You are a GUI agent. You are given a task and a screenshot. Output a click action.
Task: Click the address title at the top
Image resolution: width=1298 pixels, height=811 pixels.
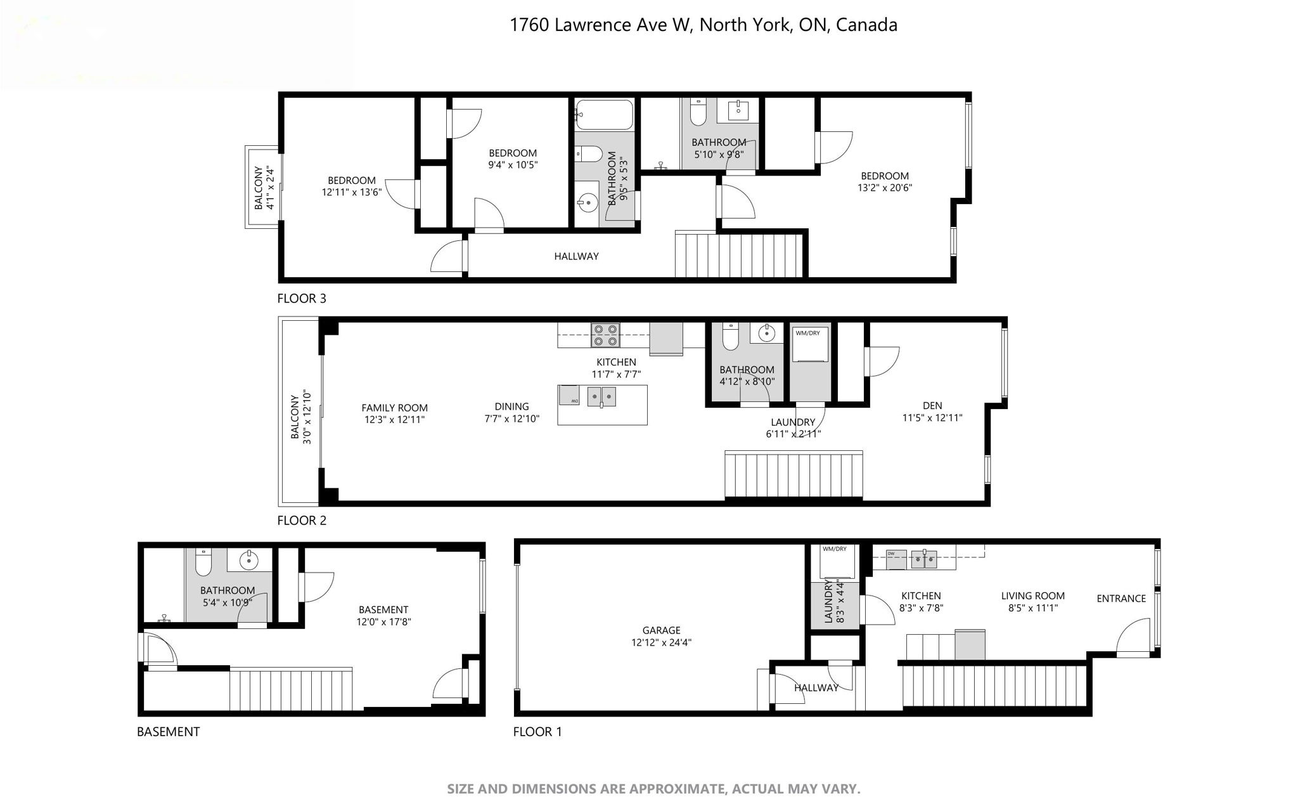[x=704, y=25]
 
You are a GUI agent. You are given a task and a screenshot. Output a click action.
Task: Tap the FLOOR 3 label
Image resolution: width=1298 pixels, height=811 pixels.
[x=302, y=298]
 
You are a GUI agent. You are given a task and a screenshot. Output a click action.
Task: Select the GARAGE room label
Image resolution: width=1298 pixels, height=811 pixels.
[x=661, y=630]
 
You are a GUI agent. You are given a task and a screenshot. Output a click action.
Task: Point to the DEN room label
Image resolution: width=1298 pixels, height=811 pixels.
[x=932, y=406]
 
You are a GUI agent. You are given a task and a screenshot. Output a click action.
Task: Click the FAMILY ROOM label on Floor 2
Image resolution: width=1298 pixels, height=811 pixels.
[x=394, y=408]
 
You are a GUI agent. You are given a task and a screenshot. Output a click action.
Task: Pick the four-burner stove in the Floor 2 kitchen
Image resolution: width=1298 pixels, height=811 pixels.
[x=605, y=335]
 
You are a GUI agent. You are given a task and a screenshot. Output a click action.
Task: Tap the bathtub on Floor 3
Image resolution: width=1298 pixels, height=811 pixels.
[x=604, y=115]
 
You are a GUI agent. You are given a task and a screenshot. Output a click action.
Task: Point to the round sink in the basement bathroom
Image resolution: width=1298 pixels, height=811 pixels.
[x=248, y=559]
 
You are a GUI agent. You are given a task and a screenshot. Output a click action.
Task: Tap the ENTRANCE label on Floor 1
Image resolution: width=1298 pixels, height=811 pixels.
[x=1121, y=598]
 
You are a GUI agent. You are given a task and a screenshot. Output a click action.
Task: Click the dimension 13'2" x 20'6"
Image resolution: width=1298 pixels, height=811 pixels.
[x=885, y=188]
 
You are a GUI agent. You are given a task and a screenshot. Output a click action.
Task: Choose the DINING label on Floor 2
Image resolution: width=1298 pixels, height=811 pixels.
[x=511, y=406]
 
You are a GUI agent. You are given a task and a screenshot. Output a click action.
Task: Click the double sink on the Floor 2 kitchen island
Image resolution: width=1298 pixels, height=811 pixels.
[x=601, y=396]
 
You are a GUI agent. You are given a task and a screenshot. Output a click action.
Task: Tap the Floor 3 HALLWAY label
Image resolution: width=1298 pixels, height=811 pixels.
[x=576, y=256]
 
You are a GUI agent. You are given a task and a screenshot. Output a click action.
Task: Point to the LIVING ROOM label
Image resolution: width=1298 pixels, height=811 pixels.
[x=1033, y=595]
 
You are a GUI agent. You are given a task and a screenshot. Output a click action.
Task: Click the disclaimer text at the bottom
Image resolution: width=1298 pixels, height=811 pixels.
[x=653, y=789]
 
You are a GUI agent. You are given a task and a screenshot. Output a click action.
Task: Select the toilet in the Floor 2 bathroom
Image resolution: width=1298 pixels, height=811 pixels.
[x=730, y=337]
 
